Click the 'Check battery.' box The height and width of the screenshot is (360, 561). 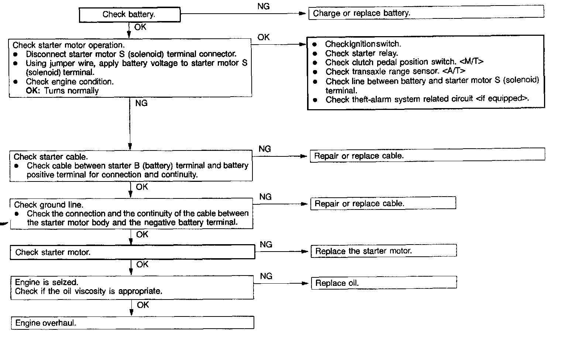130,15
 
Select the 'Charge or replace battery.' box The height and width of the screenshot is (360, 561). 426,13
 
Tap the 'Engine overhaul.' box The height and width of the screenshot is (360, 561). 132,323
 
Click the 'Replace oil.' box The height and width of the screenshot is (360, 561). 384,283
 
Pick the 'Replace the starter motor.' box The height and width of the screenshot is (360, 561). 383,251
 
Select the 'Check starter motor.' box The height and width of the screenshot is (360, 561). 132,252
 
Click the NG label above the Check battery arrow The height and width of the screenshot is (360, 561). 263,6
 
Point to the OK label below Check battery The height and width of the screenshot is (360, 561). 140,27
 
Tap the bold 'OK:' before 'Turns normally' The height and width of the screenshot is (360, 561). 33,91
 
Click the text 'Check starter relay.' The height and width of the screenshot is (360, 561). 361,53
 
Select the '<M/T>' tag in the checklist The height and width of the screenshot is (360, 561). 471,62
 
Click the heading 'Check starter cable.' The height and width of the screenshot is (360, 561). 51,157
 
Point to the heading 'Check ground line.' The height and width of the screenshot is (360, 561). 48,205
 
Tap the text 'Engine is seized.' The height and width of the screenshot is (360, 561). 47,282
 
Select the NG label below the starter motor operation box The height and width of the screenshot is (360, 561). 141,103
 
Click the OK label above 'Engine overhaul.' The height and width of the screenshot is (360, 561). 143,305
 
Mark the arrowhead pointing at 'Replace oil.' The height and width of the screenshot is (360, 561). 305,283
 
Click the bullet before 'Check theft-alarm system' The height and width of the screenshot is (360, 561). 315,100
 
